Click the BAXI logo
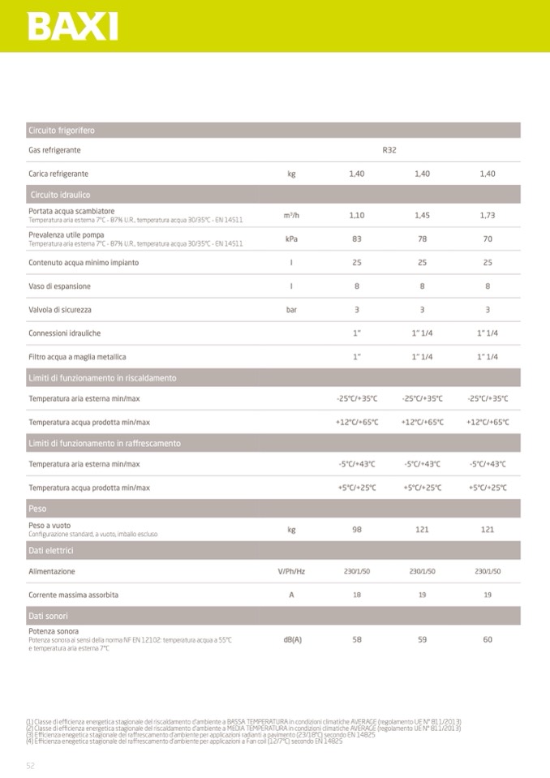point(73,27)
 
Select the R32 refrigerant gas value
point(389,151)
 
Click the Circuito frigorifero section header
point(62,131)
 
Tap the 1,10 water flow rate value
point(357,216)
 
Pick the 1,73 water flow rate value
point(488,216)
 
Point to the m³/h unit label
point(291,216)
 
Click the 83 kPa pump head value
point(357,239)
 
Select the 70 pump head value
point(488,239)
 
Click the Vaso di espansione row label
point(59,286)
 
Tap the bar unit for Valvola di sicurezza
point(291,310)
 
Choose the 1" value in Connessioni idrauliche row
point(357,333)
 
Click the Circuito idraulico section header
point(60,195)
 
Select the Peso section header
point(37,509)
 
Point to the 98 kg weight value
point(357,530)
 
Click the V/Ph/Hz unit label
point(291,572)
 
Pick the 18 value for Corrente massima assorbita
point(357,595)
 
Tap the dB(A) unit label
point(292,639)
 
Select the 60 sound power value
point(488,639)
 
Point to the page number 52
point(31,765)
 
